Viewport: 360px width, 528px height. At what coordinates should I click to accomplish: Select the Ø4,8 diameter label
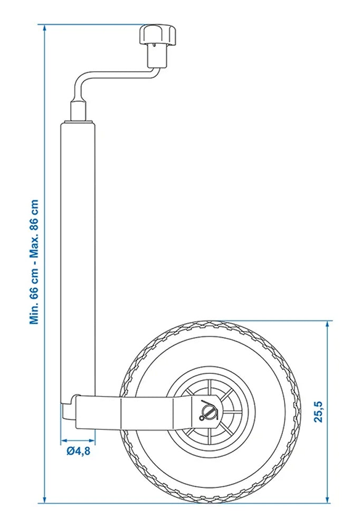click(78, 451)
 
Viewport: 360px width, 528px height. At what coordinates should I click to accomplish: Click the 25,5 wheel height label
click(318, 412)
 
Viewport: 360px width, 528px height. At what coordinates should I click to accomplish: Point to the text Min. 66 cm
click(35, 299)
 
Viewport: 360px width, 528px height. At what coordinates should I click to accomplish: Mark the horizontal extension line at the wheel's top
click(274, 320)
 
